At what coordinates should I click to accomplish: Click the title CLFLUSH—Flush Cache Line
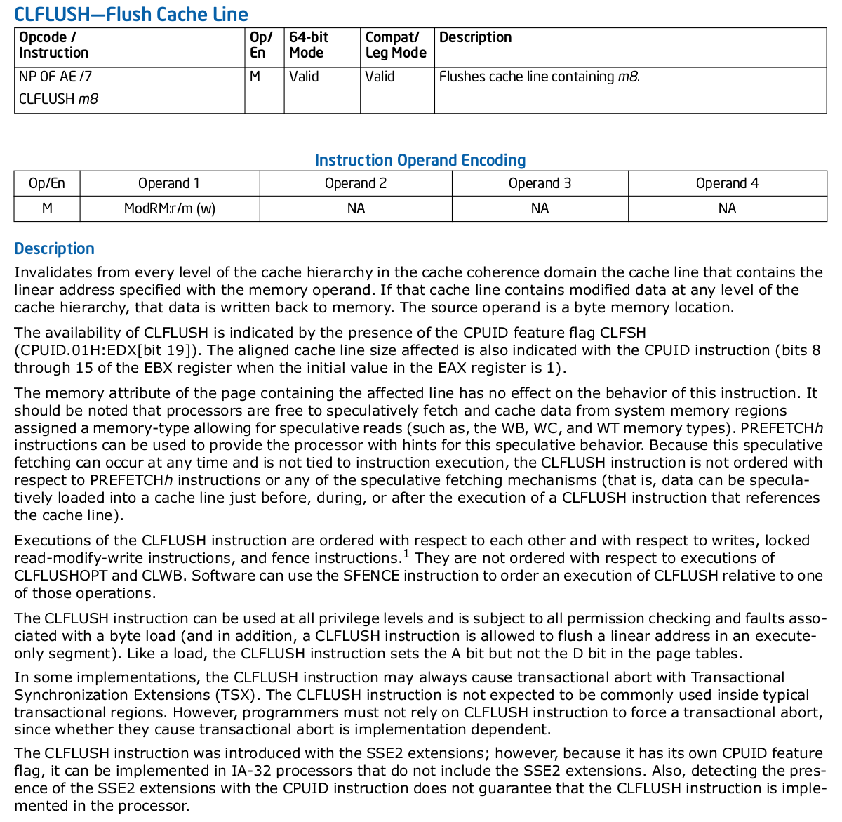131,14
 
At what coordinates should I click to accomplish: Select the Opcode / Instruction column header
54,45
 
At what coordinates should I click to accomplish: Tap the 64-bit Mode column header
309,45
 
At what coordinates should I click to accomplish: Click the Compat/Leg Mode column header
396,45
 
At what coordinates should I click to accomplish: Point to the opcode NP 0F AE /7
55,77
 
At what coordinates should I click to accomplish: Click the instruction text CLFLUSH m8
58,99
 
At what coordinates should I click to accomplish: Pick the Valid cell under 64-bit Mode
304,77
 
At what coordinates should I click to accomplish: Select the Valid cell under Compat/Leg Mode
380,77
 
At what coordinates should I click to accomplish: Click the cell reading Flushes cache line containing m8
539,77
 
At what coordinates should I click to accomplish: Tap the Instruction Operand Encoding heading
420,160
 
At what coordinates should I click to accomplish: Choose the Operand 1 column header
169,183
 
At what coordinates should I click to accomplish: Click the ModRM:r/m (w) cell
169,208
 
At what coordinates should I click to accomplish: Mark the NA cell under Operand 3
540,208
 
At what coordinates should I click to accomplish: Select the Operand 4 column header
727,183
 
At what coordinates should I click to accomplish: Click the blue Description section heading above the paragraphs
54,248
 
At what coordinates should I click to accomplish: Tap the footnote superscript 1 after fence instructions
406,554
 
